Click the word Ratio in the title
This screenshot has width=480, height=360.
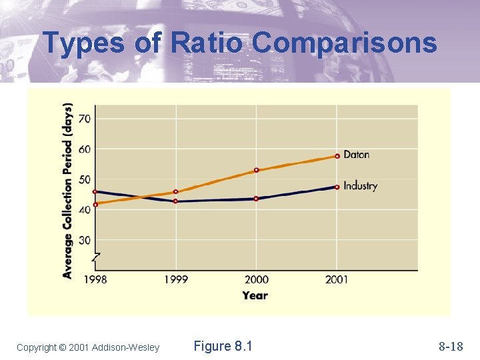coord(209,43)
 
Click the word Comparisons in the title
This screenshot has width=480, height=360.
coord(345,43)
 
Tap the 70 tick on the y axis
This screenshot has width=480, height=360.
coord(85,119)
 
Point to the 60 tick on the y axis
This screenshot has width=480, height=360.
coord(85,149)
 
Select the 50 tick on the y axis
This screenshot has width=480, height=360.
coord(85,179)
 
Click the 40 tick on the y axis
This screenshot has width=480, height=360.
coord(85,210)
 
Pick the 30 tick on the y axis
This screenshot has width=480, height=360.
coord(85,240)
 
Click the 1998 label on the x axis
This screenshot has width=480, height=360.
coord(95,279)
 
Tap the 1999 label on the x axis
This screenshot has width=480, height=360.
coord(176,279)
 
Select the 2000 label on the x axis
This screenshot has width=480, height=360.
coord(256,279)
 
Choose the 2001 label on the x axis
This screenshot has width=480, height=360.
coord(337,279)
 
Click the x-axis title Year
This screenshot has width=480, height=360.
coord(255,295)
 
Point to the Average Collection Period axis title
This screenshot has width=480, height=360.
coord(68,190)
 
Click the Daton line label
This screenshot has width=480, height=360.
coord(357,155)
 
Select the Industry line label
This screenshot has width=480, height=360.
coord(361,186)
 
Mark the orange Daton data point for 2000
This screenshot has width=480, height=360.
coord(256,170)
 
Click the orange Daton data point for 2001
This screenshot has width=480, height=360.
coord(337,156)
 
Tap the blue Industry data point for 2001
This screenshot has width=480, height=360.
coord(337,187)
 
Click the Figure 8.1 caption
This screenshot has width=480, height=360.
coord(223,346)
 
